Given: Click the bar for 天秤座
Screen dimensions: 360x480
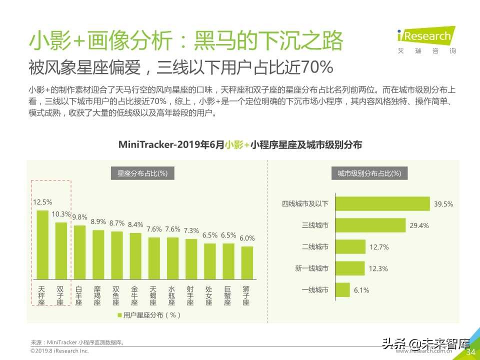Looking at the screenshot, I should coord(42,245).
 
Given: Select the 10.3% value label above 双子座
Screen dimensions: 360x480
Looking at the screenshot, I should coord(61,214).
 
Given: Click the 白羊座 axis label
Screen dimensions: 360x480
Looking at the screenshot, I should coord(79,295).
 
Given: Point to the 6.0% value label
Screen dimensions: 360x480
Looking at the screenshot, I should coord(247,238).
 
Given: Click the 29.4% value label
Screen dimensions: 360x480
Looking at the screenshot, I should coord(419,225).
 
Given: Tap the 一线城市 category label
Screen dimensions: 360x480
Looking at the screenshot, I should coord(315,290).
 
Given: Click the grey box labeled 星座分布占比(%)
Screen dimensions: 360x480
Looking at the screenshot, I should coord(142,173).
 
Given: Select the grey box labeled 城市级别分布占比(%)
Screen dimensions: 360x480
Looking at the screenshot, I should coord(369,173).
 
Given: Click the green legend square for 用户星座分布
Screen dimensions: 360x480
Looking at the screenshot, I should coord(119,315).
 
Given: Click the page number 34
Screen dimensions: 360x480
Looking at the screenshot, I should coord(470,352).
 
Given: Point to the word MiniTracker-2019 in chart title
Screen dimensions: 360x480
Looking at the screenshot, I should coord(158,145).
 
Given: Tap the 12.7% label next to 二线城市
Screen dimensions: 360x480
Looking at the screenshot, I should coord(378,247).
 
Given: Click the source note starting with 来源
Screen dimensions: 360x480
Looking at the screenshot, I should coord(77,342).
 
